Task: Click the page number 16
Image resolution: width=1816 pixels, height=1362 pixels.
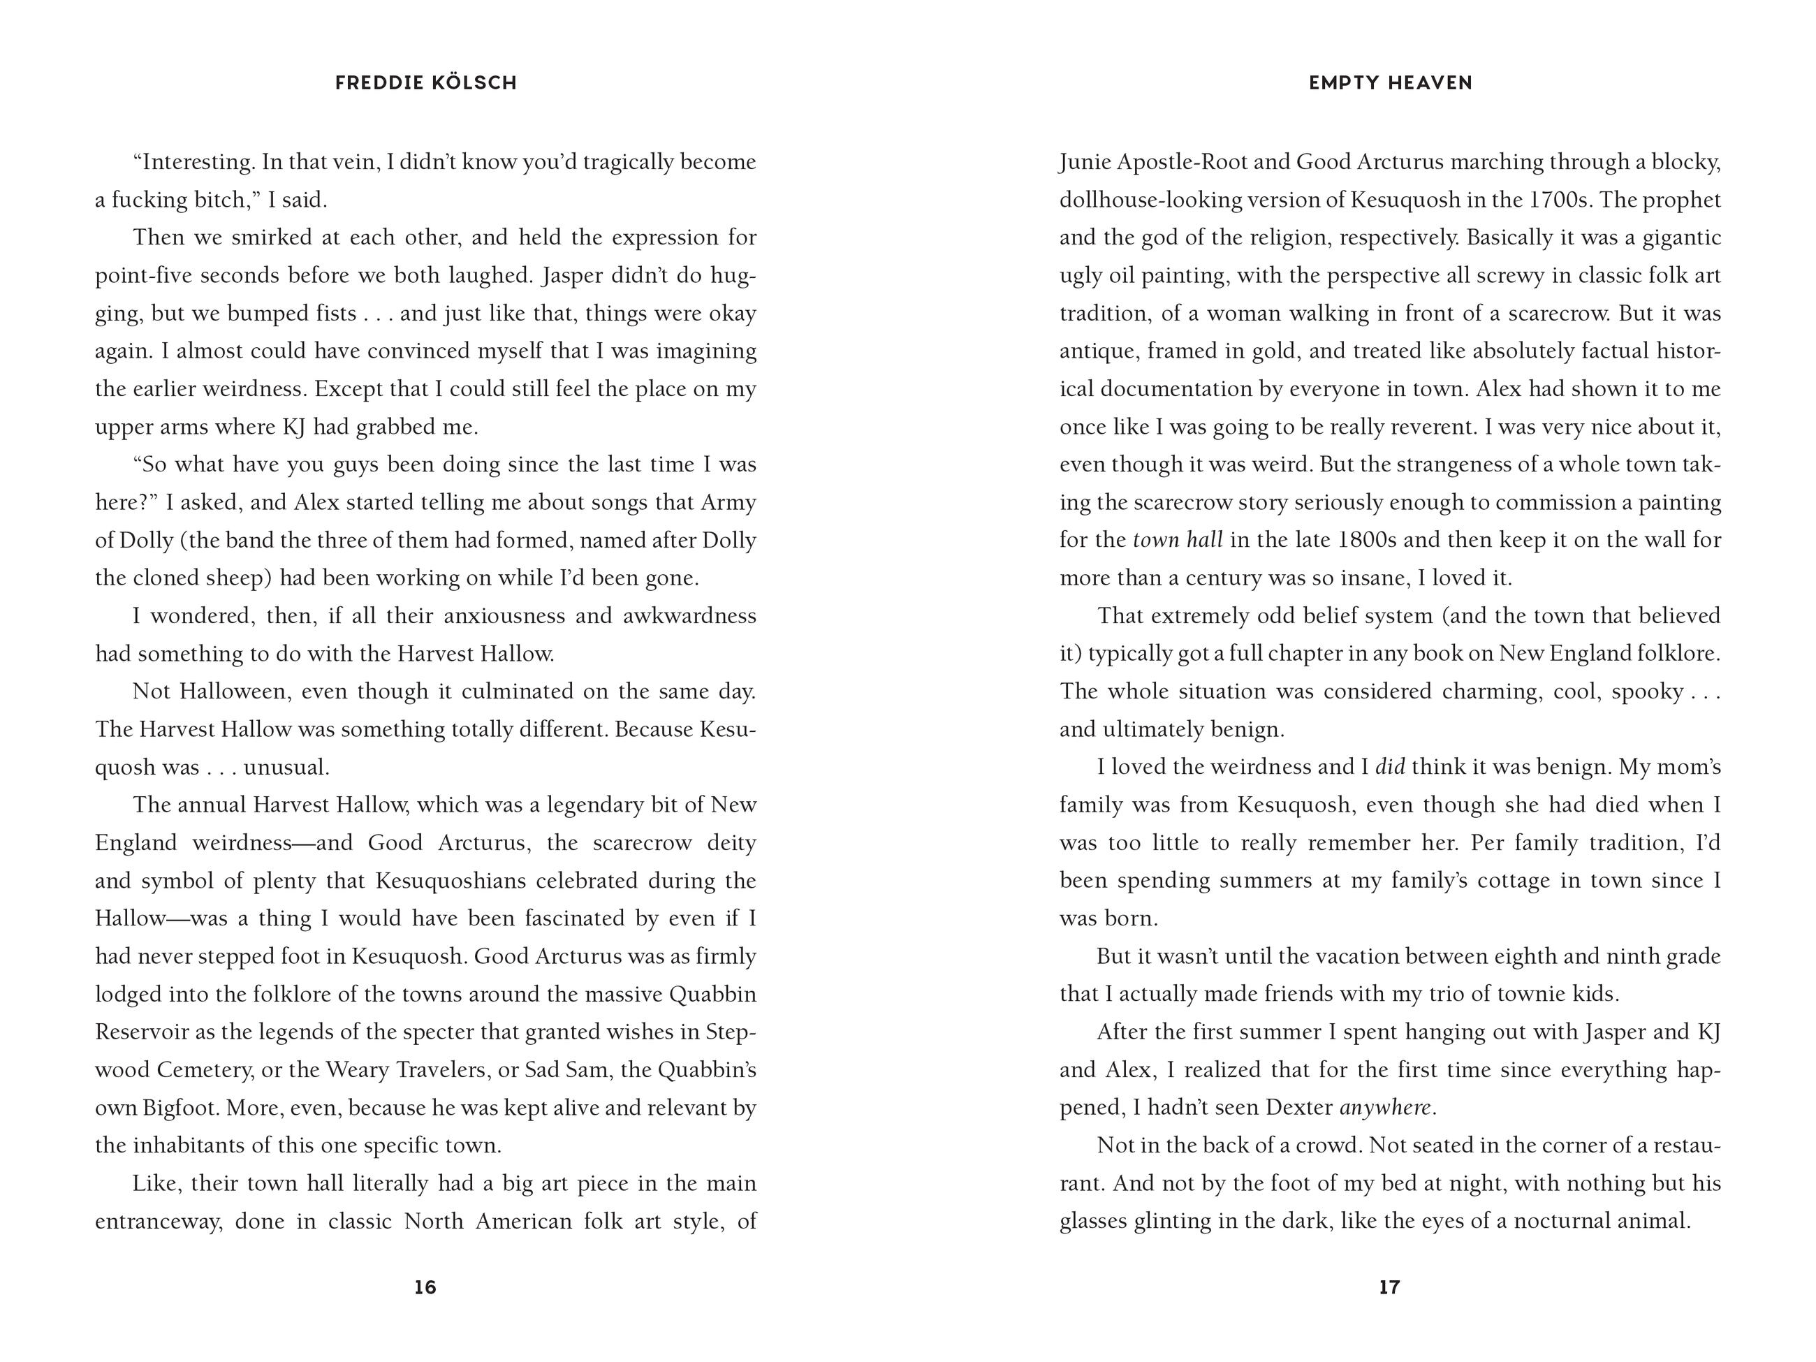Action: point(425,1287)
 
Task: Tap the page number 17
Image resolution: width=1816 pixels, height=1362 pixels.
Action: point(1389,1287)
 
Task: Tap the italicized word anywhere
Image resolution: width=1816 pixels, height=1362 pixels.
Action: point(1386,1108)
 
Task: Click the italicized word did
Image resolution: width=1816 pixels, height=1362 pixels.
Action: point(1390,767)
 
